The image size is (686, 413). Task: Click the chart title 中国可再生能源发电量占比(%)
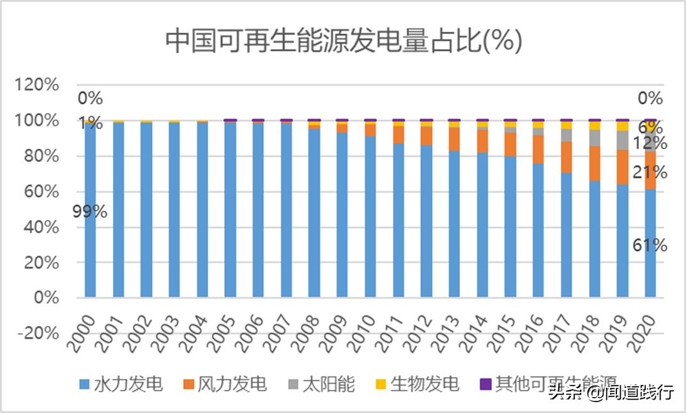point(344,42)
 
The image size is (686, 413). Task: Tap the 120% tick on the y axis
point(38,86)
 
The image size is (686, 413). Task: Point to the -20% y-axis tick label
point(38,333)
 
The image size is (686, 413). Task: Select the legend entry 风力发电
point(224,384)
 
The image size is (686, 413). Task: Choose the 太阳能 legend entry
point(320,384)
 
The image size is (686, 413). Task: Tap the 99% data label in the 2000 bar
point(89,212)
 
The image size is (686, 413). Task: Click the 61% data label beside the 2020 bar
point(651,245)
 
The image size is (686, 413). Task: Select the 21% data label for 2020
point(651,171)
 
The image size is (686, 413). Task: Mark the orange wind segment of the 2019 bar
point(622,167)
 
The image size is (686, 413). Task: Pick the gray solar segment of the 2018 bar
point(594,138)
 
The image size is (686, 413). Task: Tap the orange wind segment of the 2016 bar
point(538,149)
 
